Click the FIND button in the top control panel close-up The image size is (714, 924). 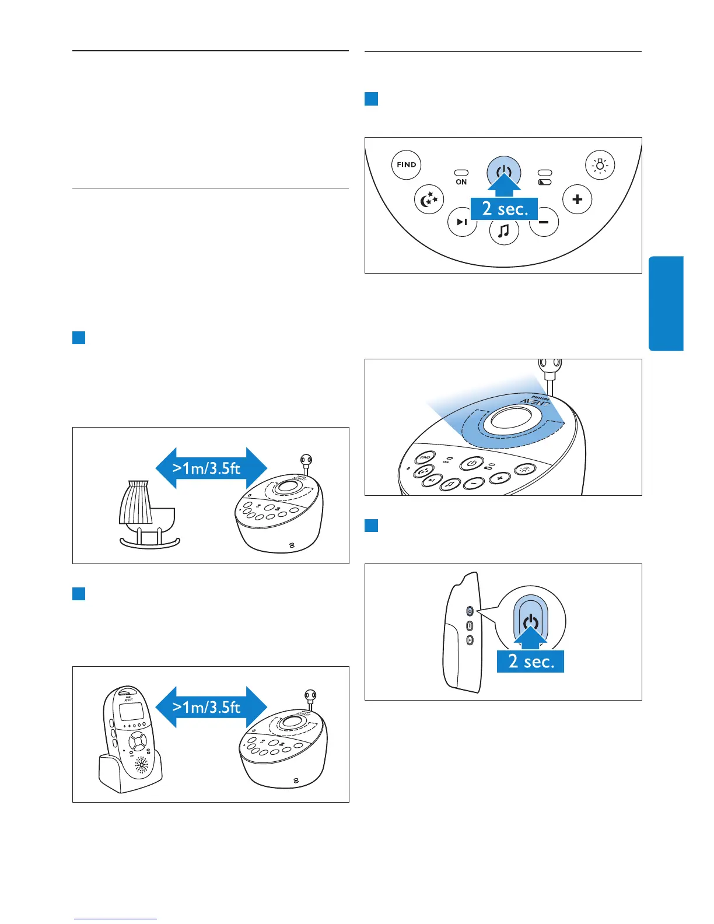[406, 164]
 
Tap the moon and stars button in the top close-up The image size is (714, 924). [429, 199]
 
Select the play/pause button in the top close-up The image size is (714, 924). [462, 222]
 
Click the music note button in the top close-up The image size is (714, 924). [504, 230]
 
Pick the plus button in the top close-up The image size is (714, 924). [577, 199]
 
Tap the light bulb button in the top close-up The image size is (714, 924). [600, 164]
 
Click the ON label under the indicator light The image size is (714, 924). [461, 182]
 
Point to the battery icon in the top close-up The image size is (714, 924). [545, 182]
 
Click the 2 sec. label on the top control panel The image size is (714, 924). [505, 208]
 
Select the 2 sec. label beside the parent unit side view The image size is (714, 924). [530, 661]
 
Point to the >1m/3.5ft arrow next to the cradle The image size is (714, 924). [211, 468]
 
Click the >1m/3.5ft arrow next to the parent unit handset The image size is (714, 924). [211, 707]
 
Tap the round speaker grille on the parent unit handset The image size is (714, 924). [142, 764]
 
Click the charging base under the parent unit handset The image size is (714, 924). [131, 776]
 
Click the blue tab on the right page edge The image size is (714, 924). [666, 303]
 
